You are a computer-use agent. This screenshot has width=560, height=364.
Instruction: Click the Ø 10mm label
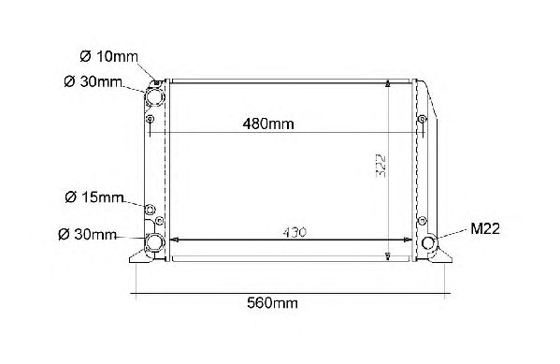(x=109, y=56)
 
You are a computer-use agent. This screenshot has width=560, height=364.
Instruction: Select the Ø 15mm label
(x=94, y=197)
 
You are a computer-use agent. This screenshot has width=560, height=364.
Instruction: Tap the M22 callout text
(x=485, y=228)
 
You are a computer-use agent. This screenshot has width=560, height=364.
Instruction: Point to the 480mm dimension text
(x=268, y=124)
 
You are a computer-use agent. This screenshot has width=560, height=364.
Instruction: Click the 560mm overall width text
(x=272, y=303)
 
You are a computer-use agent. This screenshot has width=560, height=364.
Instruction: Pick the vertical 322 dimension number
(x=381, y=166)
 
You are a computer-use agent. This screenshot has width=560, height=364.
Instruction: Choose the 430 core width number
(x=294, y=232)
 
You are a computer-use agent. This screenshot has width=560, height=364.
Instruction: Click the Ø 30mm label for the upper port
(x=93, y=82)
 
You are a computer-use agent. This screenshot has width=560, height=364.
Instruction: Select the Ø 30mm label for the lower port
(x=88, y=235)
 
